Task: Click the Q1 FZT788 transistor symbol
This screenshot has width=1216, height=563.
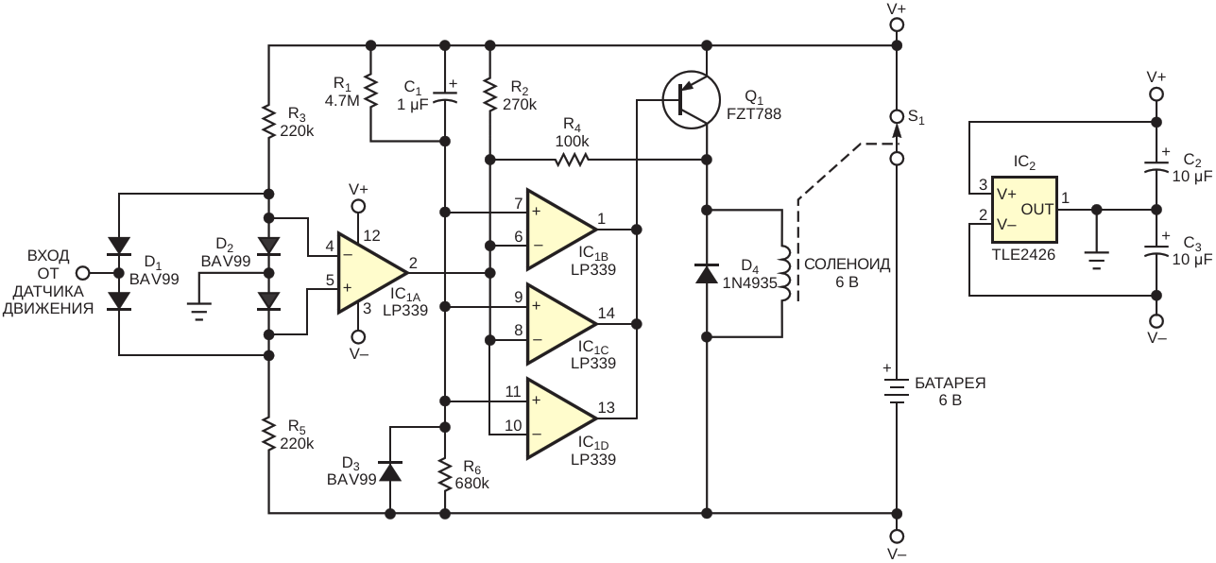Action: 691,100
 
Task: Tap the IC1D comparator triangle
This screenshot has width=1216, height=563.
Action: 562,418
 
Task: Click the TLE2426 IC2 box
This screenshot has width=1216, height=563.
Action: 1024,210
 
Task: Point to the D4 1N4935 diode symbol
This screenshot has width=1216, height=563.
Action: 706,274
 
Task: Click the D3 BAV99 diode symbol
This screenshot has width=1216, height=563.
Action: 390,470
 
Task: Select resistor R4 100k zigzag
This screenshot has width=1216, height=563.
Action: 572,160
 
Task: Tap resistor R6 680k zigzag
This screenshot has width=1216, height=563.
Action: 445,475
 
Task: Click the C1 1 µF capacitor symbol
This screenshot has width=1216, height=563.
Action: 445,96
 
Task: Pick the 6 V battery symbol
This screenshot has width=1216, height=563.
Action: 897,391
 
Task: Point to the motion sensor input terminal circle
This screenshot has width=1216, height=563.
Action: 82,273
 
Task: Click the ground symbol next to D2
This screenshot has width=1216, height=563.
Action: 198,312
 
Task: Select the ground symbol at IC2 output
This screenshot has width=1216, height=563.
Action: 1097,261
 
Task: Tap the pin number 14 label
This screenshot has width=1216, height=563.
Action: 607,314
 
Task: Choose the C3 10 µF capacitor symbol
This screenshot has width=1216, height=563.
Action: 1156,252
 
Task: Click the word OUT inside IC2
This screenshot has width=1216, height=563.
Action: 1036,210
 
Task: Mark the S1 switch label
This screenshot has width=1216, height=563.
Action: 916,117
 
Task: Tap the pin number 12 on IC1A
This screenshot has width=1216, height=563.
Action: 372,235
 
